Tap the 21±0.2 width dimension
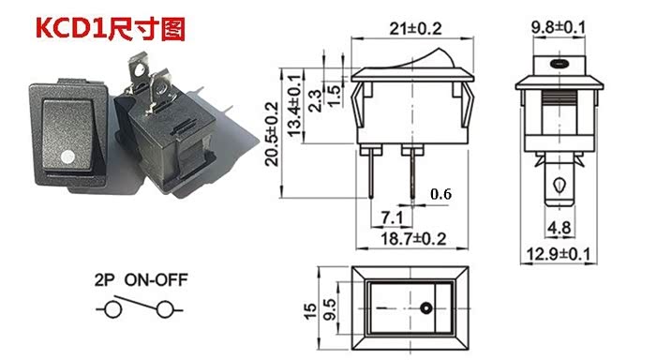415,28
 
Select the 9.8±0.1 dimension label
559,27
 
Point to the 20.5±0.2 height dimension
272,134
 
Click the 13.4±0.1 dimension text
294,106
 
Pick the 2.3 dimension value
315,101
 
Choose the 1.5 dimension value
335,96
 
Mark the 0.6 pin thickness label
441,194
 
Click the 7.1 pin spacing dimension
392,217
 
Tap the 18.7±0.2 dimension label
413,239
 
